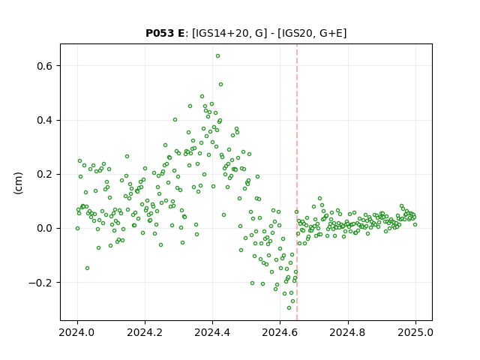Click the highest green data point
(x=217, y=56)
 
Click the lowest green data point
(x=289, y=308)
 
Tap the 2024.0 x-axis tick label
(x=77, y=332)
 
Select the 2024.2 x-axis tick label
(x=145, y=332)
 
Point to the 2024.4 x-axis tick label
(x=212, y=332)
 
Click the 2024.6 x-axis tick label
(x=280, y=332)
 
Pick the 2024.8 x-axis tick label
(x=347, y=332)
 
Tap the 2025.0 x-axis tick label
(x=415, y=332)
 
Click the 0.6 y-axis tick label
(x=46, y=66)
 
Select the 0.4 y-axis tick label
(x=46, y=120)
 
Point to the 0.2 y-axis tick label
(x=46, y=175)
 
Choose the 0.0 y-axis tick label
(x=46, y=228)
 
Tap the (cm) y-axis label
(x=18, y=183)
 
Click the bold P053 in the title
(x=160, y=33)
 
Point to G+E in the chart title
(x=331, y=33)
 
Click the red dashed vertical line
(x=297, y=182)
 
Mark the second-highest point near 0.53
(x=220, y=85)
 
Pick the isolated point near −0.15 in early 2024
(x=87, y=268)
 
